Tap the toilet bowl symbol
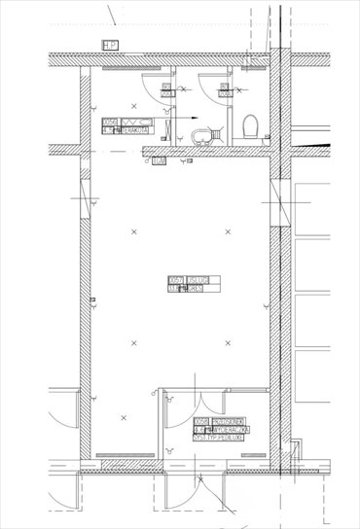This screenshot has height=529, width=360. pyautogui.click(x=250, y=126)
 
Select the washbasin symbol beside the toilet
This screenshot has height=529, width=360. pyautogui.click(x=200, y=135)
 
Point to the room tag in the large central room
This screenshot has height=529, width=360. pyautogui.click(x=194, y=284)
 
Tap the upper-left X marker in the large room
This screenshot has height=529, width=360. pyautogui.click(x=132, y=230)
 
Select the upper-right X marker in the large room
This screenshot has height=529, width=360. pyautogui.click(x=229, y=230)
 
